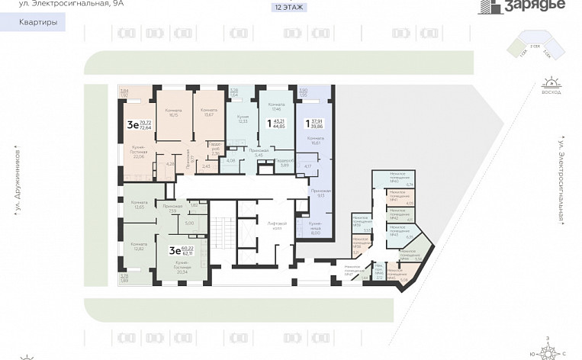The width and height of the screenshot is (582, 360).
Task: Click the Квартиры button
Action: [34, 23]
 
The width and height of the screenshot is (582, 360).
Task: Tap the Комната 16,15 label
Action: [174, 113]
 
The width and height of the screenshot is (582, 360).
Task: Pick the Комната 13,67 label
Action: [209, 113]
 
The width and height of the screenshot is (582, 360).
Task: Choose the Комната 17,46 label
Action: [275, 107]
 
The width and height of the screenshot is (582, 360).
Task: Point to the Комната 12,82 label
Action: [138, 246]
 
